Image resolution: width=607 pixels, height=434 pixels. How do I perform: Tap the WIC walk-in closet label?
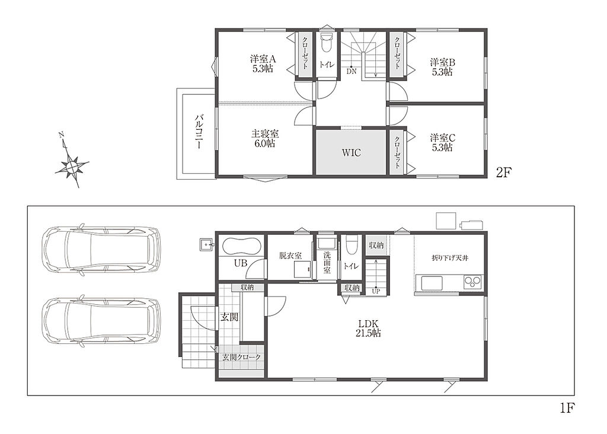351,152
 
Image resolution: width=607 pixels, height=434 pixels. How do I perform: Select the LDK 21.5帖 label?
368,328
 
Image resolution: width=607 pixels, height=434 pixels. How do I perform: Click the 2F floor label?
504,173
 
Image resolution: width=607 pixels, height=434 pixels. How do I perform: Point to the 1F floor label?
567,408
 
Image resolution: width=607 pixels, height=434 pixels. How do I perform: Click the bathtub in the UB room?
241,246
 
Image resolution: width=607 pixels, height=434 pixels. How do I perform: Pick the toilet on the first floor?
351,245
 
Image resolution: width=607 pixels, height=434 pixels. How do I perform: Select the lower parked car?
101,321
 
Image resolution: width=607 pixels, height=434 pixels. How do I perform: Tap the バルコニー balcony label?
199,132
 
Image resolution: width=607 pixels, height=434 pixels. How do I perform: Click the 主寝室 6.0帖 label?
265,138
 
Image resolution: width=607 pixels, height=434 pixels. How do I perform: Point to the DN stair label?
351,71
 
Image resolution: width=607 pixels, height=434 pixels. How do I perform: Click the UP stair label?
375,291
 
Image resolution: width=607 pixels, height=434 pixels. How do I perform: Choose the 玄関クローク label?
241,357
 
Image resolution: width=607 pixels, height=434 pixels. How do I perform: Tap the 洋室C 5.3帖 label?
442,142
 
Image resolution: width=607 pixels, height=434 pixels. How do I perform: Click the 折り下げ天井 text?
449,258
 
